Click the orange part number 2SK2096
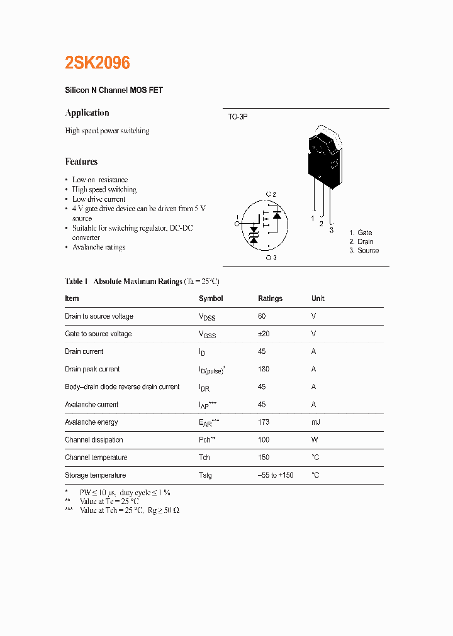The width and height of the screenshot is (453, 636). pyautogui.click(x=98, y=63)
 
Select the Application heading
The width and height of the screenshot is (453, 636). pyautogui.click(x=87, y=113)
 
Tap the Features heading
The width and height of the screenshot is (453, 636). pyautogui.click(x=81, y=162)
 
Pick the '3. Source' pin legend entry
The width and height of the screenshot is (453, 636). pyautogui.click(x=364, y=250)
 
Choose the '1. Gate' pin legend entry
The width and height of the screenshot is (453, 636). pyautogui.click(x=361, y=233)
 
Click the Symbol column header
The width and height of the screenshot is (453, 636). pyautogui.click(x=211, y=299)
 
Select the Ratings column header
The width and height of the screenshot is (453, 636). pyautogui.click(x=270, y=299)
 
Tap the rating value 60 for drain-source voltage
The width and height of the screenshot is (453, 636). pyautogui.click(x=262, y=316)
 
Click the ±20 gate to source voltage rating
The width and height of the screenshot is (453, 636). pyautogui.click(x=264, y=334)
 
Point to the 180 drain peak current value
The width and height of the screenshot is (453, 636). pyautogui.click(x=264, y=369)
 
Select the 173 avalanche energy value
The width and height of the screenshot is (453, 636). pyautogui.click(x=264, y=422)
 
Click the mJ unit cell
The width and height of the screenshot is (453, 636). pyautogui.click(x=315, y=422)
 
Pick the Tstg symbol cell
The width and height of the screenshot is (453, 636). pyautogui.click(x=205, y=475)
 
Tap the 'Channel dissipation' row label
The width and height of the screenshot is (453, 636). pyautogui.click(x=94, y=440)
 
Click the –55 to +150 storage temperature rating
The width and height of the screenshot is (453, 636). pyautogui.click(x=276, y=475)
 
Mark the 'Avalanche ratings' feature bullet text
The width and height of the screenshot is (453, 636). pyautogui.click(x=99, y=248)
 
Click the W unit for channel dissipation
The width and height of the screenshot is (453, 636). pyautogui.click(x=314, y=440)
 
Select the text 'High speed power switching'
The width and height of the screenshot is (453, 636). pyautogui.click(x=107, y=131)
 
